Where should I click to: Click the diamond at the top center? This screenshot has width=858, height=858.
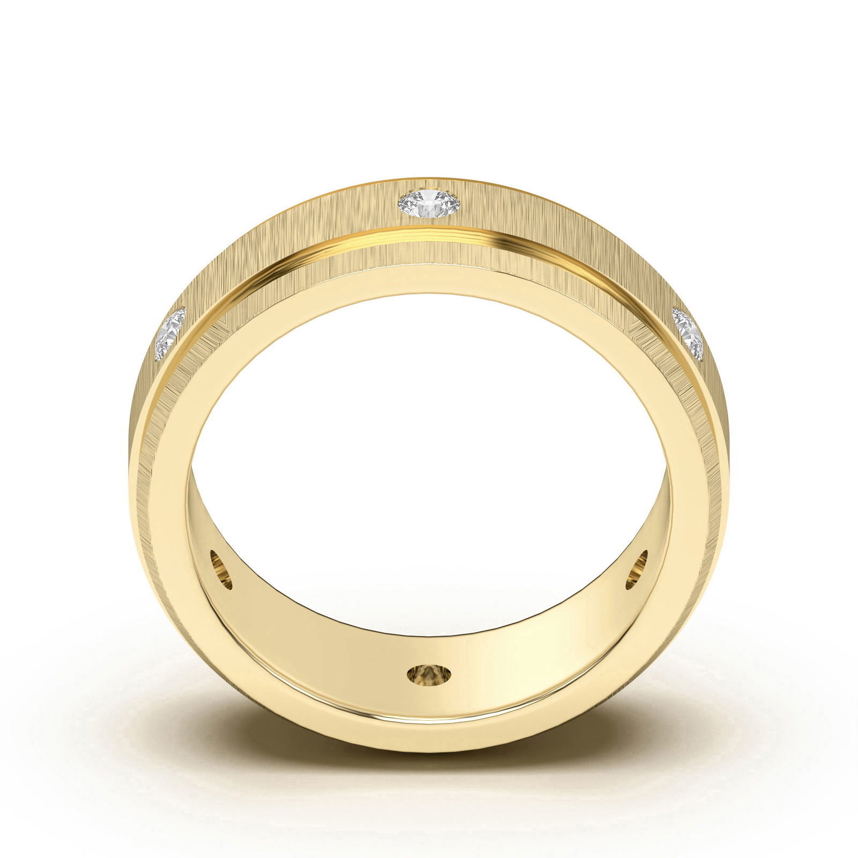click(429, 203)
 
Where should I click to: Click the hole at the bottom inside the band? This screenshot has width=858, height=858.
click(429, 675)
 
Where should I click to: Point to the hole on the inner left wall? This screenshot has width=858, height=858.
click(221, 569)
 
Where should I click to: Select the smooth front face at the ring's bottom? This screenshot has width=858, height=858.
click(429, 735)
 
